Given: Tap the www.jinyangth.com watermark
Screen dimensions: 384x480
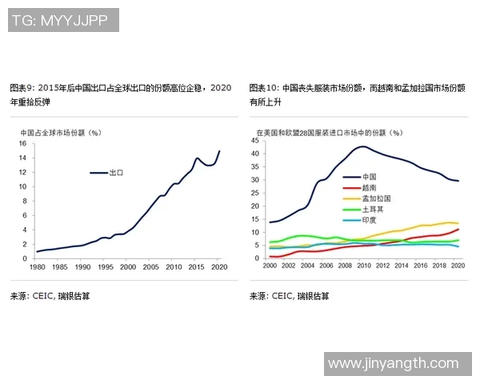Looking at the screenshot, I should (x=398, y=363).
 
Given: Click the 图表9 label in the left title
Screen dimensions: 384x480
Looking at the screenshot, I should (x=21, y=88).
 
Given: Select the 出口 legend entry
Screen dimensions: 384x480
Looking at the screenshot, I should (x=116, y=172).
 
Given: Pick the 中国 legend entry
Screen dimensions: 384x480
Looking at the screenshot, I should (x=369, y=176).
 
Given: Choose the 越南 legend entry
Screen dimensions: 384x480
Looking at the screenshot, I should (x=369, y=186).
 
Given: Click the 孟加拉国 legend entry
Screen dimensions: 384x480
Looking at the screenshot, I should (x=375, y=198).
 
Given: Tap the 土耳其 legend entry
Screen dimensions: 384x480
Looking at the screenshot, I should (x=372, y=209).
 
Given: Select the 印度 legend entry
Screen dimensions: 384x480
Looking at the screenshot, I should (x=369, y=220).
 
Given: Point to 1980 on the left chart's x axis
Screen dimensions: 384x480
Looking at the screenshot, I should (x=36, y=266).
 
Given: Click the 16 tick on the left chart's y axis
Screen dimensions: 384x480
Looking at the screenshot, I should (x=24, y=144).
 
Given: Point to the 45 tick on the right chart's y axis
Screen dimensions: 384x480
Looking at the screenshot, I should (x=254, y=141).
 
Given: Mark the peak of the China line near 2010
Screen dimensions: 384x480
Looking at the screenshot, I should (x=363, y=146).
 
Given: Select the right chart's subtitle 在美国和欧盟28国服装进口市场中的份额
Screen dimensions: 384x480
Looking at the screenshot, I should (x=328, y=132).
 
